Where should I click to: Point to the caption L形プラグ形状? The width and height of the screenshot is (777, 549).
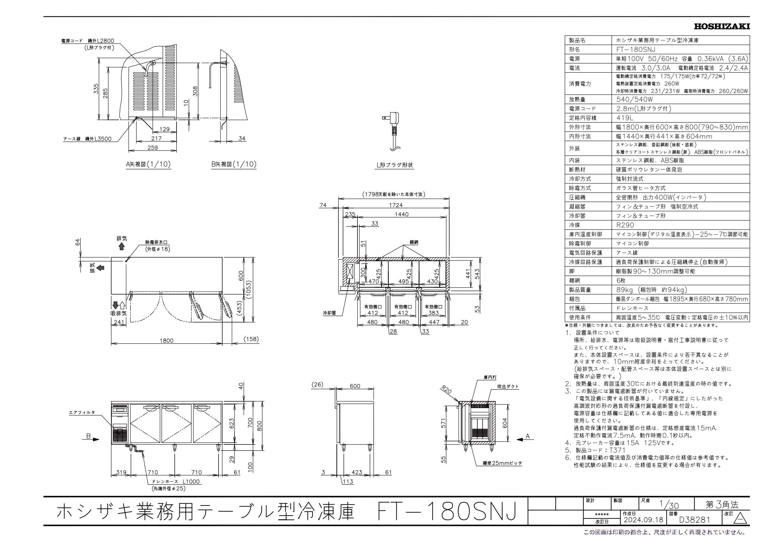(x=394, y=165)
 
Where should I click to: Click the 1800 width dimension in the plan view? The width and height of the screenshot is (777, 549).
(x=167, y=341)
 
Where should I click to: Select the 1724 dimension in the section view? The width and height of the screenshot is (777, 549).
(x=396, y=205)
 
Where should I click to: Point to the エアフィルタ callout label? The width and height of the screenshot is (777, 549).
(x=82, y=412)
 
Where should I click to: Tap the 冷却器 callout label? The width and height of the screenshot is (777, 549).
(x=329, y=313)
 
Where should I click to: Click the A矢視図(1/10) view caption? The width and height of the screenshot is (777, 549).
(x=148, y=165)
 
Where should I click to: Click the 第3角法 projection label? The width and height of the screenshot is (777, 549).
(x=722, y=514)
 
